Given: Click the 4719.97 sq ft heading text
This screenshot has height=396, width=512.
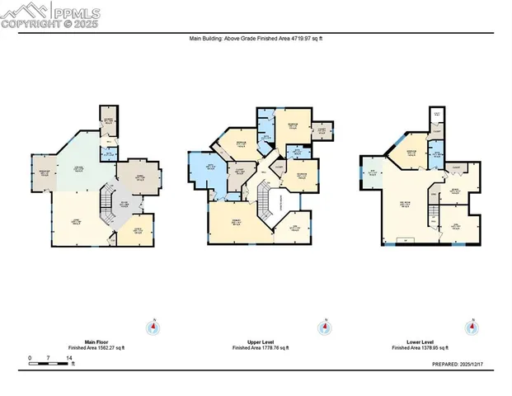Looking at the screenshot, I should point(256,38).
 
